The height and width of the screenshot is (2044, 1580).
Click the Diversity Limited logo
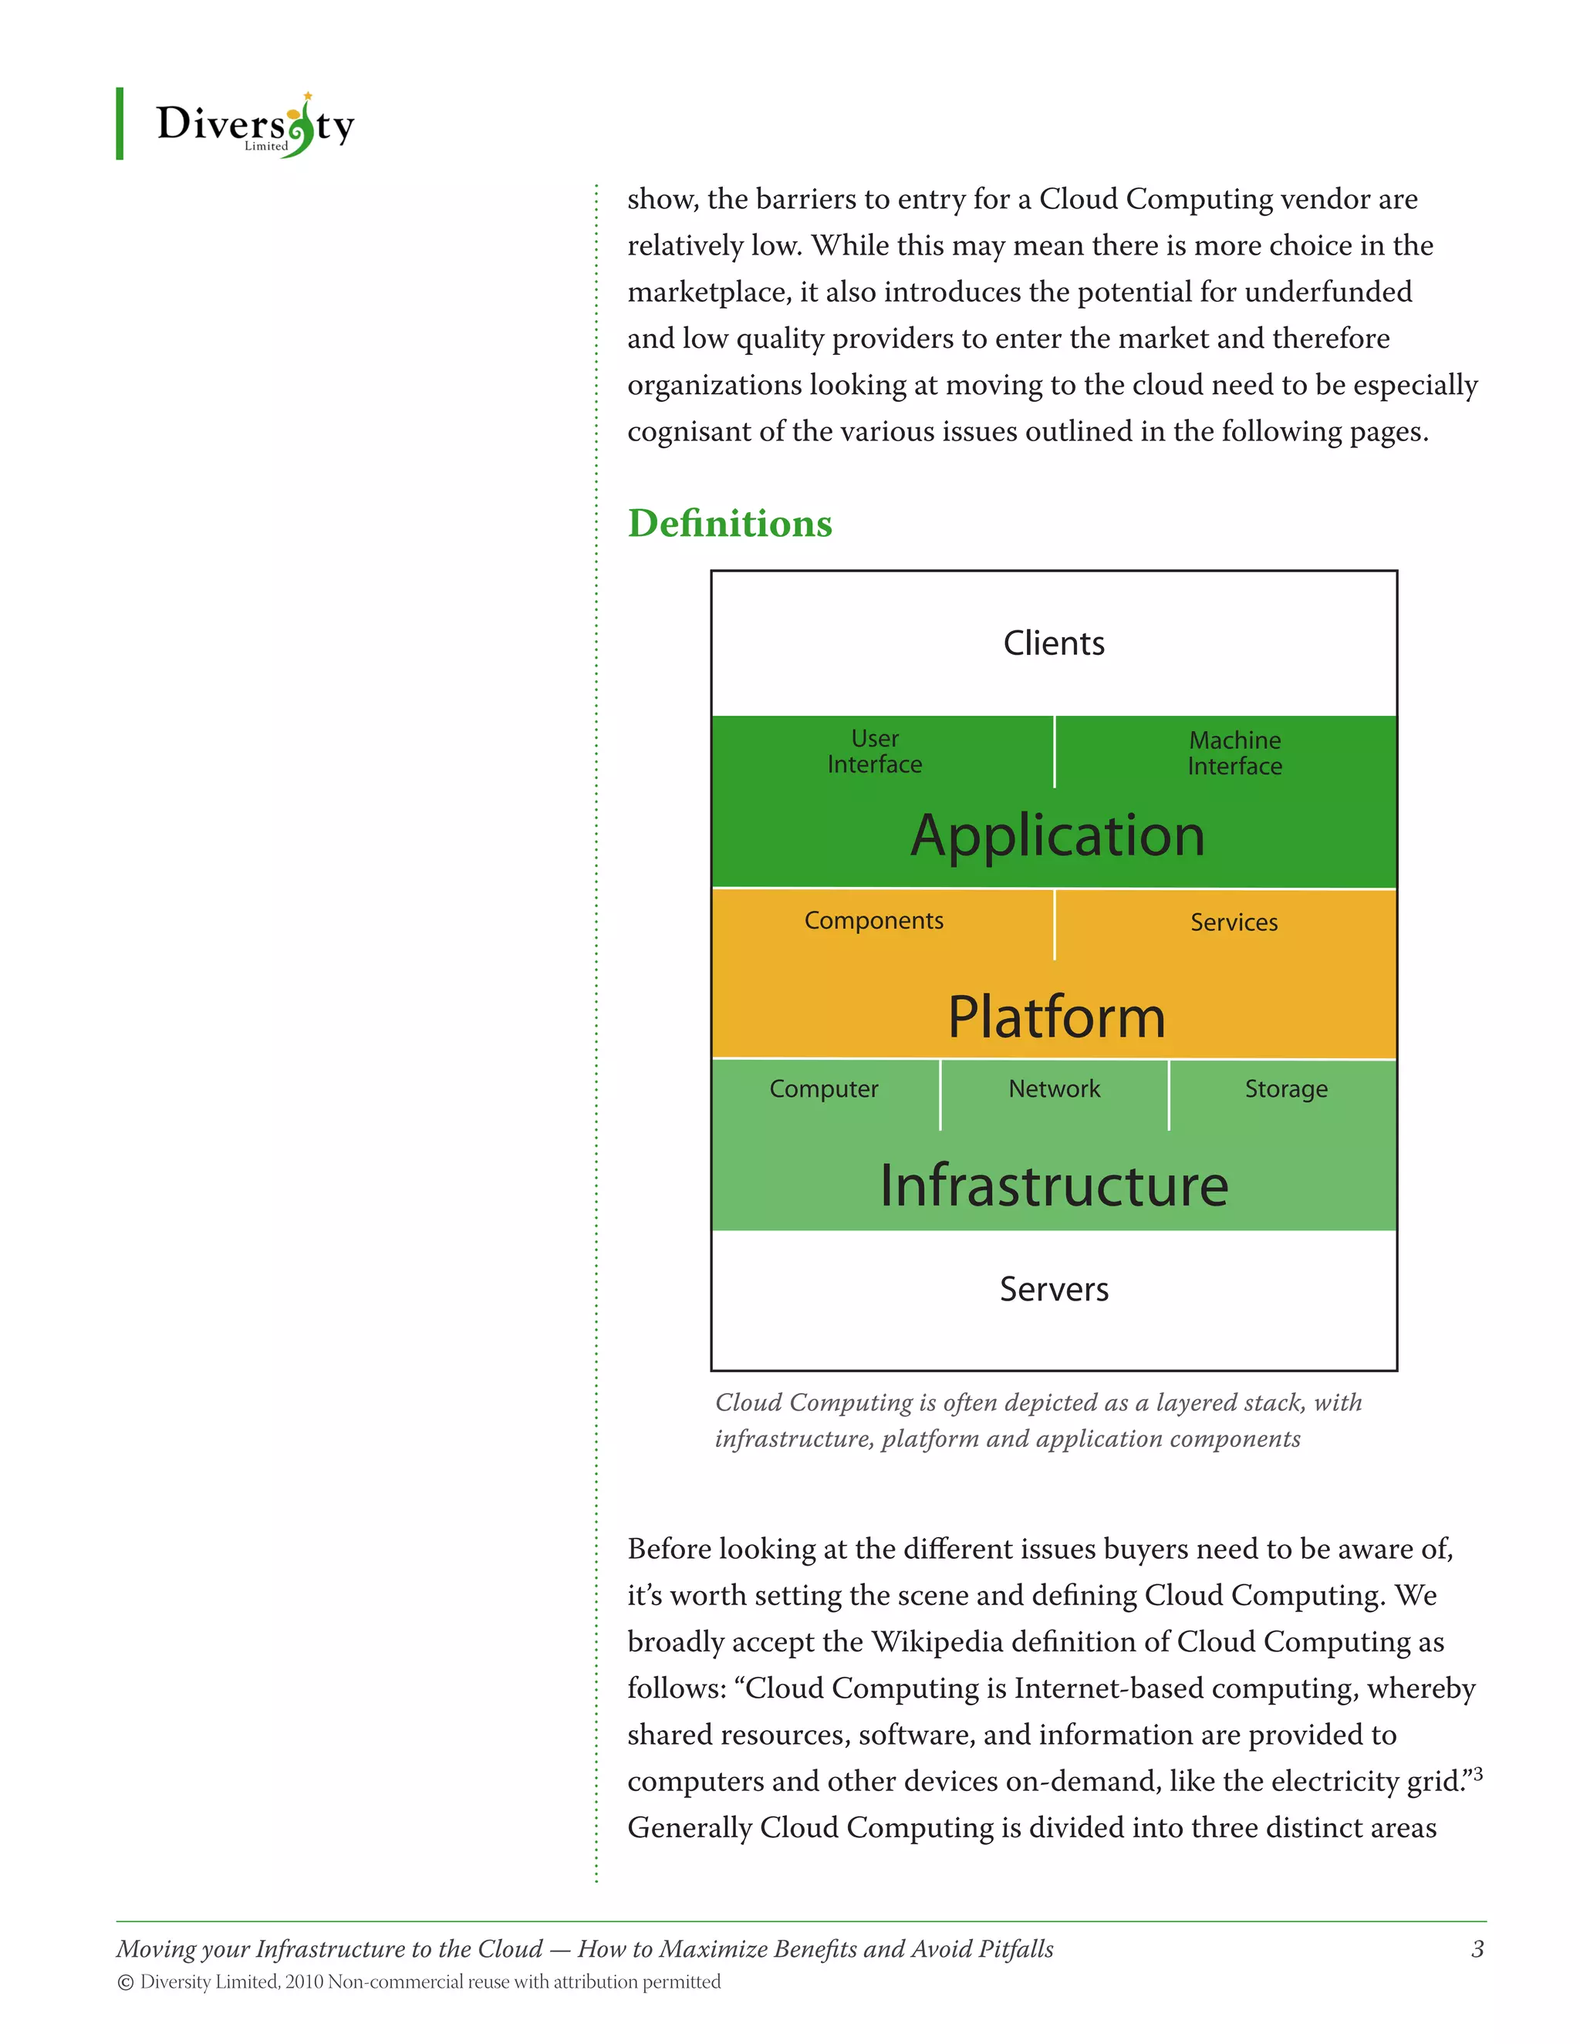click(255, 126)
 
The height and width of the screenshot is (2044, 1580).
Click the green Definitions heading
click(729, 523)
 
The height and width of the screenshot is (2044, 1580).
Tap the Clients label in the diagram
click(1053, 643)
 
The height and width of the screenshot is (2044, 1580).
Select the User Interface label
click(874, 751)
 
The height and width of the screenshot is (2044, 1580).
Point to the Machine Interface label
click(1234, 754)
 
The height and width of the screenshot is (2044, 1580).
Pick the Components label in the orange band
click(873, 921)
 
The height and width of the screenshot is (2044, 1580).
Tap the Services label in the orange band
click(1234, 922)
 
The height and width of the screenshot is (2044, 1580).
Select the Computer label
click(824, 1089)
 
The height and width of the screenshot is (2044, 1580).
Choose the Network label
click(1054, 1089)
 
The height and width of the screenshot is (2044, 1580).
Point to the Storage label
click(1285, 1089)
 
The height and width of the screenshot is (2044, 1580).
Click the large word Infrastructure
click(1054, 1186)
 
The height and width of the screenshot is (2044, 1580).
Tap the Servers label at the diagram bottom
click(1054, 1290)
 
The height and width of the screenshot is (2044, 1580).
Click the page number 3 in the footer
click(1477, 1948)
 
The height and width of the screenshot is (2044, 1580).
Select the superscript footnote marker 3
click(1478, 1772)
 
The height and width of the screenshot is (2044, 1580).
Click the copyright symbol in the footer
click(126, 1982)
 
